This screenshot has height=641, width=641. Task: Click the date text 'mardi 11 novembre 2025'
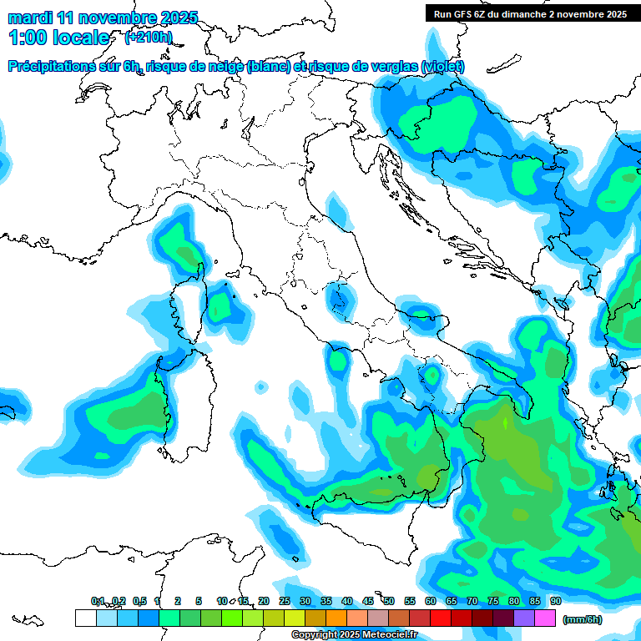(103, 17)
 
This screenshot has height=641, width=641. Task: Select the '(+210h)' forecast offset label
(148, 37)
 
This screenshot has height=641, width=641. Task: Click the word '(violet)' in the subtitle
(442, 67)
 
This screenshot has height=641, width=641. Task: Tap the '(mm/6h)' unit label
(583, 619)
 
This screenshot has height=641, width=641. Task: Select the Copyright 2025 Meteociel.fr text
(354, 634)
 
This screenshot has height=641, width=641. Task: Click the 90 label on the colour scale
(555, 601)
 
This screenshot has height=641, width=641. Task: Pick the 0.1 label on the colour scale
(98, 601)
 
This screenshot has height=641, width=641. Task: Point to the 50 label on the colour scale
(389, 601)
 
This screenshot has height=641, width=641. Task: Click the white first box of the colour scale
(85, 618)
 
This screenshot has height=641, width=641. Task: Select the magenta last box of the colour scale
(545, 618)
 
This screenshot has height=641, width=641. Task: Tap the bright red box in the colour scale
(441, 618)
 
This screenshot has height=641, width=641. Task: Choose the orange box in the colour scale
(336, 618)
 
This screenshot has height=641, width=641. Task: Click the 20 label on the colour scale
(264, 601)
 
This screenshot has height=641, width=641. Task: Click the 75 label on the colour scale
(493, 601)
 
